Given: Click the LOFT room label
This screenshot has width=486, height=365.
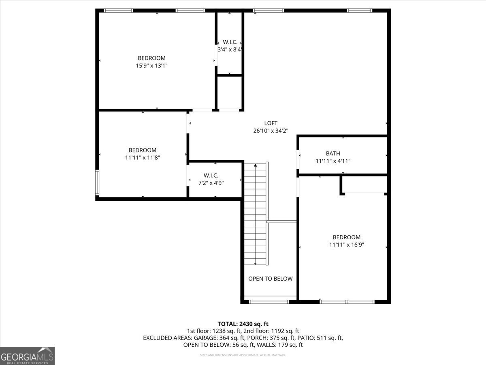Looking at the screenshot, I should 271,123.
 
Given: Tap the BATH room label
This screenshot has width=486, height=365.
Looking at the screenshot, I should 333,153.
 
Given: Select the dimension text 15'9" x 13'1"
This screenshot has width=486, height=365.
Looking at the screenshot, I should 151,65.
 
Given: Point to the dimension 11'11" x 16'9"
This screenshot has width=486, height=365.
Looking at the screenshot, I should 346,245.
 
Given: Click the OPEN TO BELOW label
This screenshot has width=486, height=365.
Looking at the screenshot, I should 270,279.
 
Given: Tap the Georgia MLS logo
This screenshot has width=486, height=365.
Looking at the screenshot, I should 28,356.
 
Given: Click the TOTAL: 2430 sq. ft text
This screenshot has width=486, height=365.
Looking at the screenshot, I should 243,324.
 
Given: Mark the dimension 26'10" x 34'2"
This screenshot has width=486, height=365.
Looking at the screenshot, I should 271,131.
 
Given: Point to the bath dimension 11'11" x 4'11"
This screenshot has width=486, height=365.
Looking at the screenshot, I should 333,161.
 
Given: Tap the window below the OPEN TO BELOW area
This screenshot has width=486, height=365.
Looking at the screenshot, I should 269,301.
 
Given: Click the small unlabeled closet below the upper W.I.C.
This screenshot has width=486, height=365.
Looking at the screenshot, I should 230,92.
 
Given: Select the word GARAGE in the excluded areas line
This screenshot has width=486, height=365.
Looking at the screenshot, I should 204,338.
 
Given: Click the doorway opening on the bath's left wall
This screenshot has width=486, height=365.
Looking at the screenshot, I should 298,159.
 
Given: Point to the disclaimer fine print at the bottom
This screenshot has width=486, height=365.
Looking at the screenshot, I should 243,355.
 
